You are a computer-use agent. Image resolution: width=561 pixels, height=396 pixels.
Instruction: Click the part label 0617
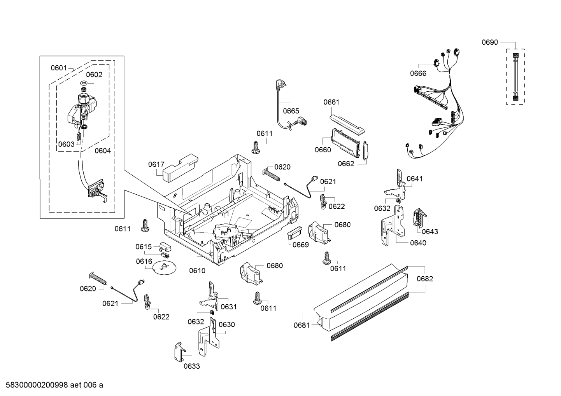click(x=156, y=164)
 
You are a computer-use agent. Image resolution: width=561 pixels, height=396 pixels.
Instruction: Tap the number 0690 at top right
click(x=489, y=42)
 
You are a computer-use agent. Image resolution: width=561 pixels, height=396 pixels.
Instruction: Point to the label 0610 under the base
click(x=197, y=270)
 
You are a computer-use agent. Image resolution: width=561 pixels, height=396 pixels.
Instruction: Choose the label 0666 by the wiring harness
click(x=418, y=73)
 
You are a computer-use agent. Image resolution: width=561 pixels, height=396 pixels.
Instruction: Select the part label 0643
click(x=430, y=231)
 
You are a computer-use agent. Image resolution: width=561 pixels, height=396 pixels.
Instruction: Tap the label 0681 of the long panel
click(x=302, y=325)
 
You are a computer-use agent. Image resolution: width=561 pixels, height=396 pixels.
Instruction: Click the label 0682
click(x=424, y=279)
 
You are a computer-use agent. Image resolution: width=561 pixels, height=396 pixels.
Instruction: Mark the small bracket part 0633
click(x=179, y=352)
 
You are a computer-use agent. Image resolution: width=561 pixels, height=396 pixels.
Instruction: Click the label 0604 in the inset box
click(x=102, y=151)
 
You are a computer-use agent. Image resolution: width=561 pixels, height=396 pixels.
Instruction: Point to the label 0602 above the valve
click(x=94, y=75)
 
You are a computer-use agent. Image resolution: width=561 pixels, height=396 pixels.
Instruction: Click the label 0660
click(x=323, y=150)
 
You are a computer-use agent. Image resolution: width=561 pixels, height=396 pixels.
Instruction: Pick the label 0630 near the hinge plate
click(x=226, y=324)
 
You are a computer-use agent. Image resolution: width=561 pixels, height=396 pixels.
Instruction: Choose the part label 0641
click(x=414, y=179)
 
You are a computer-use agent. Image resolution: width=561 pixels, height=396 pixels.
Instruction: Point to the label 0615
click(x=143, y=247)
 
